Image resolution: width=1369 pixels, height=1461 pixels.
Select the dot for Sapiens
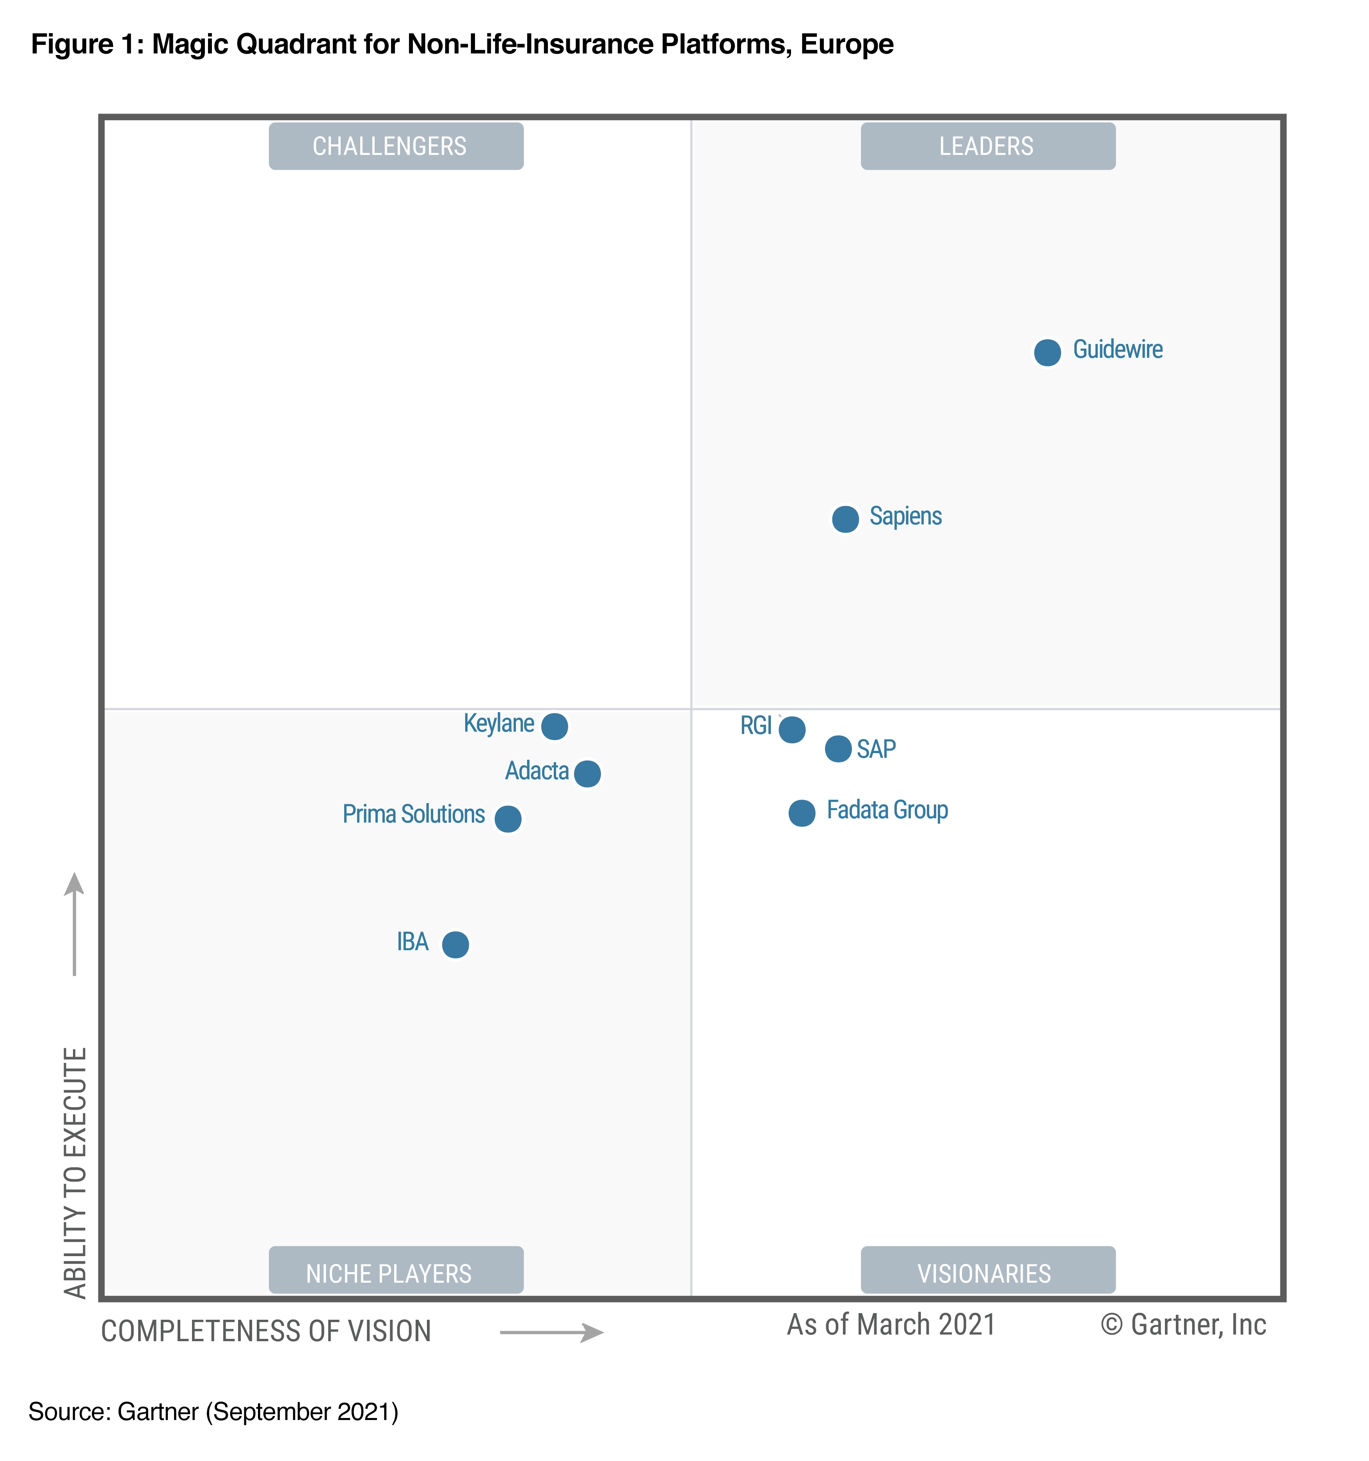(845, 519)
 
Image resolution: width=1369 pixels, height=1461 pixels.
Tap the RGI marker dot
(791, 729)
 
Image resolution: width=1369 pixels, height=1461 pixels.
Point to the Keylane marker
(554, 726)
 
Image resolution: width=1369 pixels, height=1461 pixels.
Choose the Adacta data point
(587, 773)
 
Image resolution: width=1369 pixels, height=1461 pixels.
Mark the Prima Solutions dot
(507, 818)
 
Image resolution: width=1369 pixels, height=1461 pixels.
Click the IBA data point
(455, 944)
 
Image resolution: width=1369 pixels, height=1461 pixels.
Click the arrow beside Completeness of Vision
(551, 1332)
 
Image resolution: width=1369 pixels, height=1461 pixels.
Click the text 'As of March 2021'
(891, 1324)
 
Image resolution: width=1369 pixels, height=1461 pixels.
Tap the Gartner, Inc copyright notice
(1183, 1324)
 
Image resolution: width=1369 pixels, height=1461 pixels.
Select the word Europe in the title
(846, 45)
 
